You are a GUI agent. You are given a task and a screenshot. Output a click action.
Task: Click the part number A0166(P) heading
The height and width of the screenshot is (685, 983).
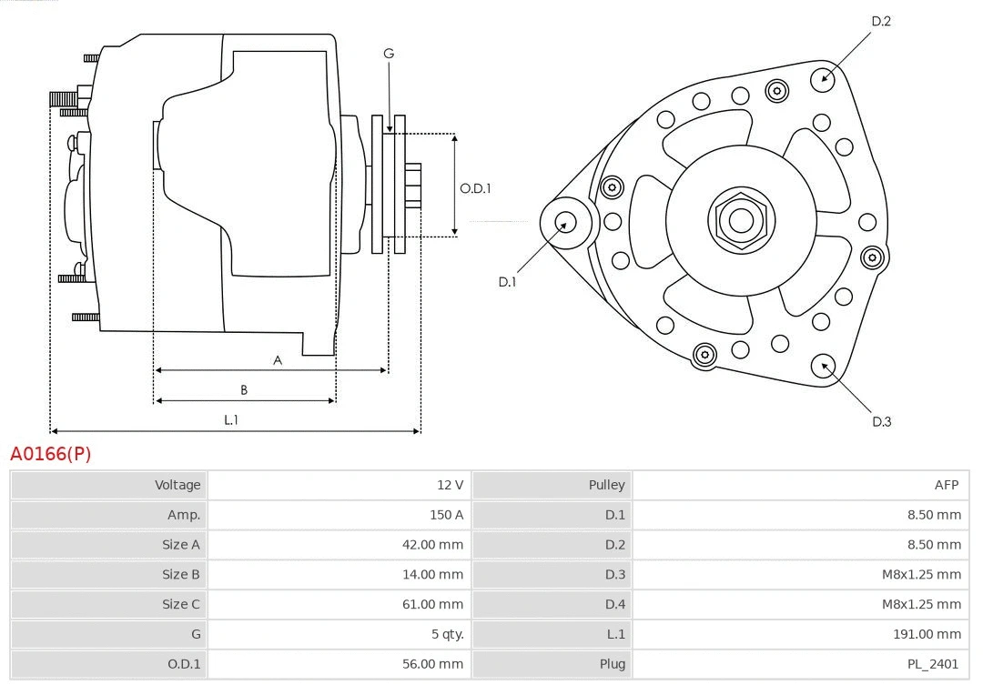[51, 453]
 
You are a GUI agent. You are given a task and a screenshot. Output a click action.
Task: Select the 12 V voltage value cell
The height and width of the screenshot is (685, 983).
[450, 485]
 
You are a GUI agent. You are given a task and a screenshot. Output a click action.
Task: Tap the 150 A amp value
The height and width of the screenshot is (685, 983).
[446, 515]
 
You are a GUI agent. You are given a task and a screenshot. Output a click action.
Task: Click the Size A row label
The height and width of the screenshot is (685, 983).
[181, 545]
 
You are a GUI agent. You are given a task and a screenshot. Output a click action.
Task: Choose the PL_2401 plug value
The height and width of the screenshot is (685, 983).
[934, 664]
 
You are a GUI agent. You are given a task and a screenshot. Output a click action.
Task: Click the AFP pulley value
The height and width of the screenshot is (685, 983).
[947, 485]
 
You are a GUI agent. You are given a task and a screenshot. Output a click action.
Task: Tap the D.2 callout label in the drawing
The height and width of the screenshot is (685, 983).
[881, 21]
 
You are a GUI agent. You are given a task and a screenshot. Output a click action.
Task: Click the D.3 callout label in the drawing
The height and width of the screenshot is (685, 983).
[881, 421]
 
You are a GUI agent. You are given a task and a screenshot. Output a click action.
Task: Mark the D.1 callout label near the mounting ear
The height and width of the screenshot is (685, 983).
[507, 282]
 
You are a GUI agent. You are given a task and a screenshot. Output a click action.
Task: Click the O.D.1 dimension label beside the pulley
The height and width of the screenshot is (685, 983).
[475, 188]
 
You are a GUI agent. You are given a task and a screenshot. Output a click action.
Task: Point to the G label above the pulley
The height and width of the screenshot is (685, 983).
[389, 54]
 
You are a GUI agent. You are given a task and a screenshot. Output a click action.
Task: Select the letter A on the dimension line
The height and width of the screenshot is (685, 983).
[278, 360]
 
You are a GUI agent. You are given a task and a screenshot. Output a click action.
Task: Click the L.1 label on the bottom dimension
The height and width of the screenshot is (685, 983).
[231, 420]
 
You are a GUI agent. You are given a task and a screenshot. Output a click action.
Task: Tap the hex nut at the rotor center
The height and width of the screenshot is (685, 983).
[741, 220]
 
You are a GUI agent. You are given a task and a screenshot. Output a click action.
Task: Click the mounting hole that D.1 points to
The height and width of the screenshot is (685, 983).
[565, 223]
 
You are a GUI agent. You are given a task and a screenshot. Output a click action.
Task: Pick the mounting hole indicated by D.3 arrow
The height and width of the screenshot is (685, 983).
[825, 366]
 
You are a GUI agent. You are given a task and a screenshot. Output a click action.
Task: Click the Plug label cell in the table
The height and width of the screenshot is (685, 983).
[613, 664]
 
